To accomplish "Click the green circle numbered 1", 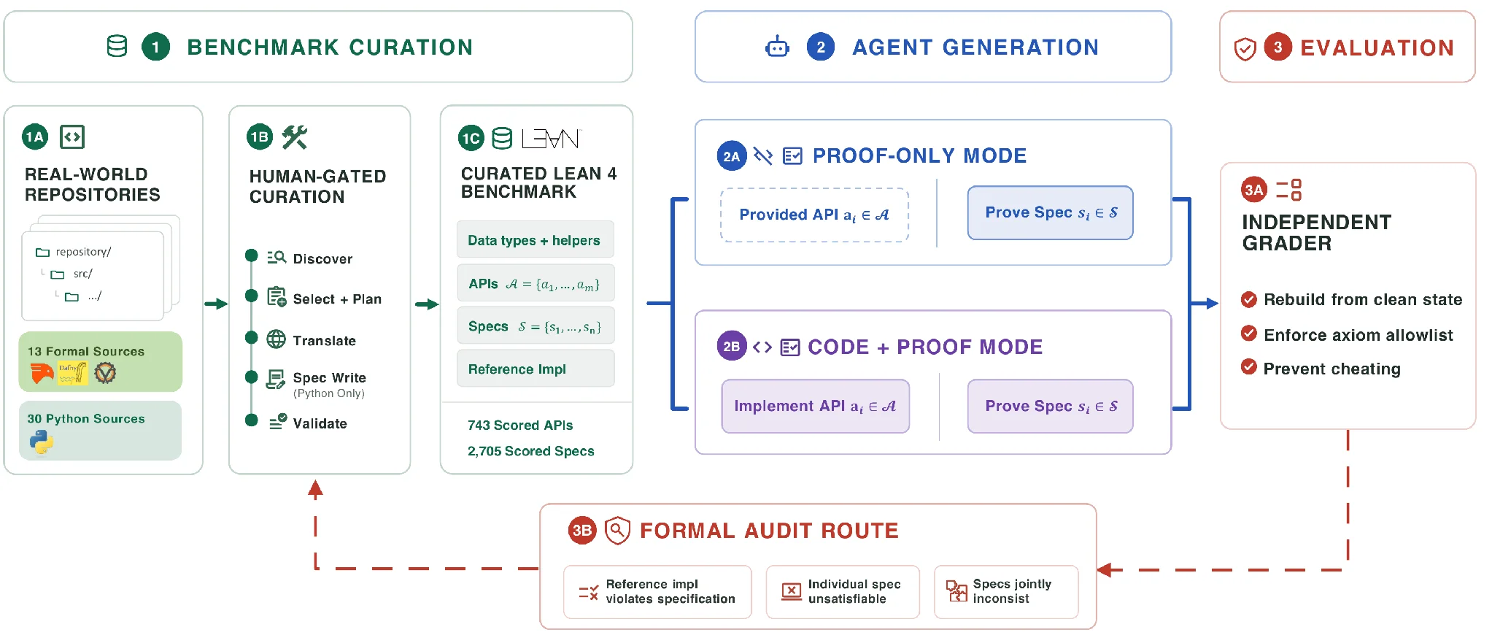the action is [x=155, y=47].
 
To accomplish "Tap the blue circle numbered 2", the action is [x=821, y=47].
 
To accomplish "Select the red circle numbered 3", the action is [x=1278, y=47].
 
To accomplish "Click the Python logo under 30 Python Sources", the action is [x=42, y=442].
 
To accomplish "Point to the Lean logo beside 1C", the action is [x=551, y=138].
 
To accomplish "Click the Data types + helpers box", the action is [x=536, y=239].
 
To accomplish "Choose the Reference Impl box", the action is [x=536, y=369].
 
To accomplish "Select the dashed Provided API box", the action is [x=814, y=215].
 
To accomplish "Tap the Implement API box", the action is [x=816, y=406].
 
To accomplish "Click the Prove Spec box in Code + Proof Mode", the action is [x=1051, y=406].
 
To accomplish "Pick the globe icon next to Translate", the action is [x=277, y=339].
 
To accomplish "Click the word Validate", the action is [x=320, y=423].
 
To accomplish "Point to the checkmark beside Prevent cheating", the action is [x=1249, y=366].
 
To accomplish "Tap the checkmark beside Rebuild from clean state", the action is [x=1249, y=299].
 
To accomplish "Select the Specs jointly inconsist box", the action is [x=1006, y=592].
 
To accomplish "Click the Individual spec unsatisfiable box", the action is [x=843, y=592].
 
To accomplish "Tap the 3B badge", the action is [x=582, y=531].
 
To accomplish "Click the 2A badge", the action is [x=732, y=155].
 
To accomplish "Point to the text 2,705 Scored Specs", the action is [x=531, y=451].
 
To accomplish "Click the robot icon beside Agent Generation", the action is [x=777, y=47].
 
